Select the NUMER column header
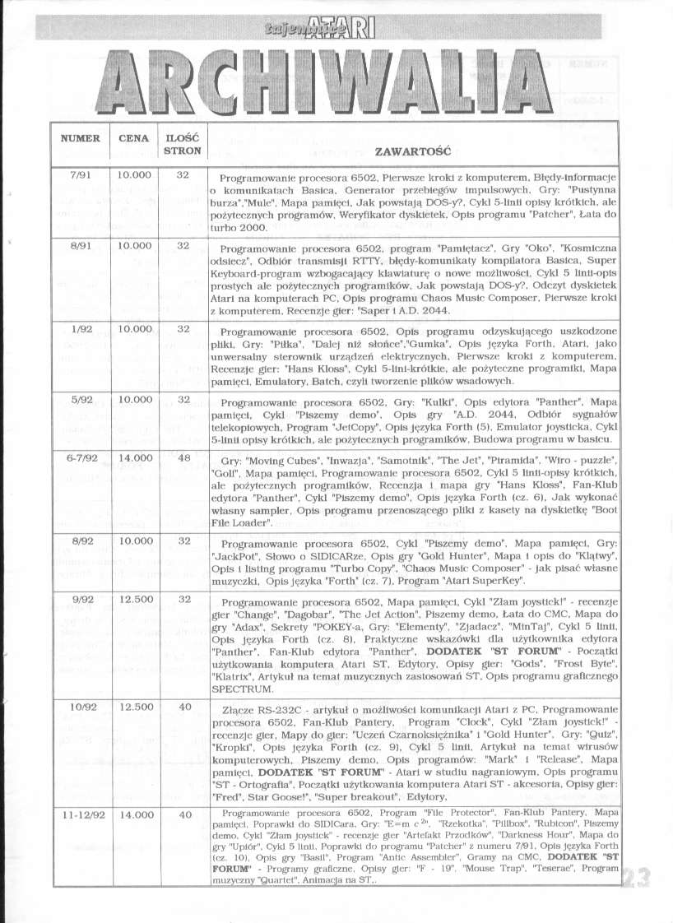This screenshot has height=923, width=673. pyautogui.click(x=80, y=138)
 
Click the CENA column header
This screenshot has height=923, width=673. pyautogui.click(x=133, y=138)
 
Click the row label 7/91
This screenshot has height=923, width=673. pyautogui.click(x=80, y=175)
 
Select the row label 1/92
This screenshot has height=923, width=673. pyautogui.click(x=80, y=328)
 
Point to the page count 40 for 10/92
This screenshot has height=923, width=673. pyautogui.click(x=183, y=706)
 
